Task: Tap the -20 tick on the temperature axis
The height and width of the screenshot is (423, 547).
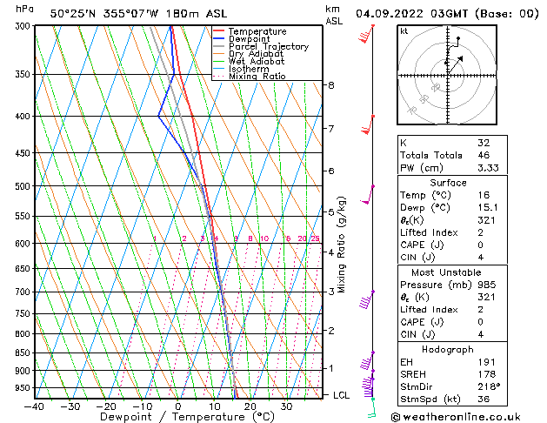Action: [x=106, y=406]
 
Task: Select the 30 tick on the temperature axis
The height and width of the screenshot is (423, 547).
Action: [x=286, y=406]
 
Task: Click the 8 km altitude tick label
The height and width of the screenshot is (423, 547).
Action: [x=331, y=85]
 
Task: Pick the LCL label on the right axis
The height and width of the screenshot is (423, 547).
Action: [x=342, y=395]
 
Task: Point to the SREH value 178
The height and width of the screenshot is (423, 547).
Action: [x=485, y=374]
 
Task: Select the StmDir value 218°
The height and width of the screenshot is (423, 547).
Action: [x=487, y=387]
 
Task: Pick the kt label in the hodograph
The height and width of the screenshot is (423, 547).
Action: [x=404, y=31]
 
